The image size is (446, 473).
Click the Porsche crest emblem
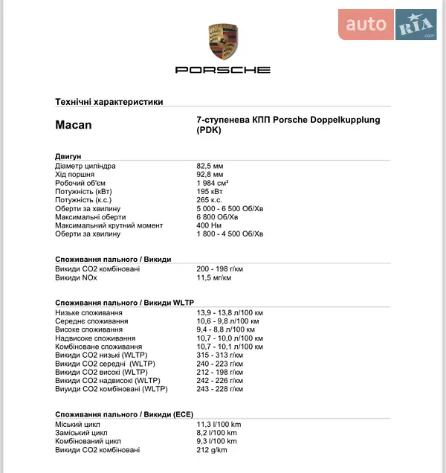(x=223, y=42)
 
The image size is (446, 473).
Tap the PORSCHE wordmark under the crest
(x=223, y=70)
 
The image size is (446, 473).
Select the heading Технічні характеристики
(x=109, y=102)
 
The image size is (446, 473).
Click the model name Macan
(x=74, y=125)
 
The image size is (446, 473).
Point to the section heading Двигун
(x=68, y=157)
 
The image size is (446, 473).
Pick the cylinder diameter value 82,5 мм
(x=210, y=166)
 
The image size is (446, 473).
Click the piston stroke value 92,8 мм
(x=210, y=174)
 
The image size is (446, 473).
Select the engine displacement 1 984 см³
(x=213, y=183)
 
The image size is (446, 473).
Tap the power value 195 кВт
(x=210, y=191)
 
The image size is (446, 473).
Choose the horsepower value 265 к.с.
(x=210, y=200)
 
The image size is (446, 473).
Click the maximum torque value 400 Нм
(x=209, y=225)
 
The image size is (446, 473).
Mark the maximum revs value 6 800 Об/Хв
(x=217, y=217)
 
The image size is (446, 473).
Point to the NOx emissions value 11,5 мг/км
(x=213, y=277)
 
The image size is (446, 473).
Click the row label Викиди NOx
(x=77, y=277)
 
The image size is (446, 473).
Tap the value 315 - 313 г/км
(x=220, y=355)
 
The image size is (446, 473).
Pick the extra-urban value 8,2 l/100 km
(x=217, y=433)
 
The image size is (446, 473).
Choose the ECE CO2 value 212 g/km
(x=212, y=450)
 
